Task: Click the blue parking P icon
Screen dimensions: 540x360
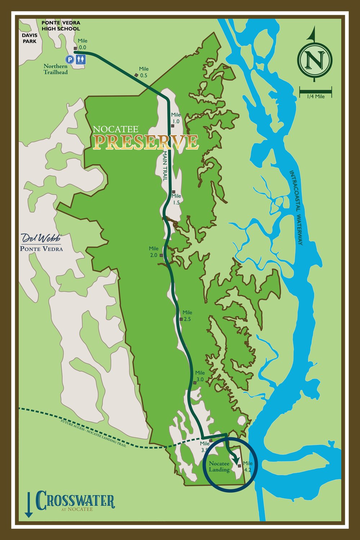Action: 69,59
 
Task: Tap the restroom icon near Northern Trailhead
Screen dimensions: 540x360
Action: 81,59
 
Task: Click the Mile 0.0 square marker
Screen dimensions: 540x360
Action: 76,48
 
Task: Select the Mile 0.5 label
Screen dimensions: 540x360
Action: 144,72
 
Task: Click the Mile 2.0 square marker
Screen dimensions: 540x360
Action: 161,255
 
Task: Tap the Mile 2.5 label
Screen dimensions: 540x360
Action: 187,316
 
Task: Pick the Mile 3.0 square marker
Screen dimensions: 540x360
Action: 195,383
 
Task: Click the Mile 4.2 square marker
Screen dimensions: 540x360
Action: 239,466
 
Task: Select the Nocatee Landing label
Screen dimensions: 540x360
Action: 219,467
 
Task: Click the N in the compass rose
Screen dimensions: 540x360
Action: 315,59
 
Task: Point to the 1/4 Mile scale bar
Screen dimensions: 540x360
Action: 315,90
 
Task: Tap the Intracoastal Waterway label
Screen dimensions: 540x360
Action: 296,207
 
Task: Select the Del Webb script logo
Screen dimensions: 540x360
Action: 41,238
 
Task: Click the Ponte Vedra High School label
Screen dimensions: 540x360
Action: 61,26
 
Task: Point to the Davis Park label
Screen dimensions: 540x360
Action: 30,38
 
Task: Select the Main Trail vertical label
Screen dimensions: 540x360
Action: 166,166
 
